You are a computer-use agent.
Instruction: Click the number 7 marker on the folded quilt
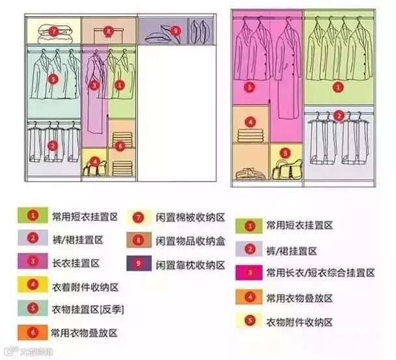point(53,31)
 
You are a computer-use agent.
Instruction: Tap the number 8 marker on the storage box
point(108,30)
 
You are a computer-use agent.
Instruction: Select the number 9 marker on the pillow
point(174,30)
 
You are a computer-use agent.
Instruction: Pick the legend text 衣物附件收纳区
point(300,322)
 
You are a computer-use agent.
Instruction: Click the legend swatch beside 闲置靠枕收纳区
point(139,265)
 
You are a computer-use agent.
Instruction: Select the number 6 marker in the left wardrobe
point(120,146)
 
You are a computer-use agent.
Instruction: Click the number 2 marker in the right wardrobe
point(339,116)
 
